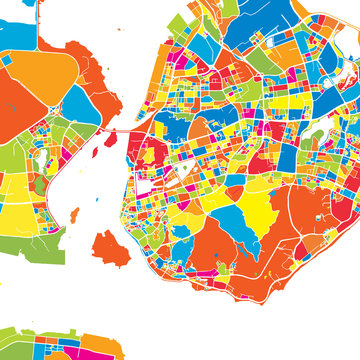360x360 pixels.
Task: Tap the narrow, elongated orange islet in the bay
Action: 75,215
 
